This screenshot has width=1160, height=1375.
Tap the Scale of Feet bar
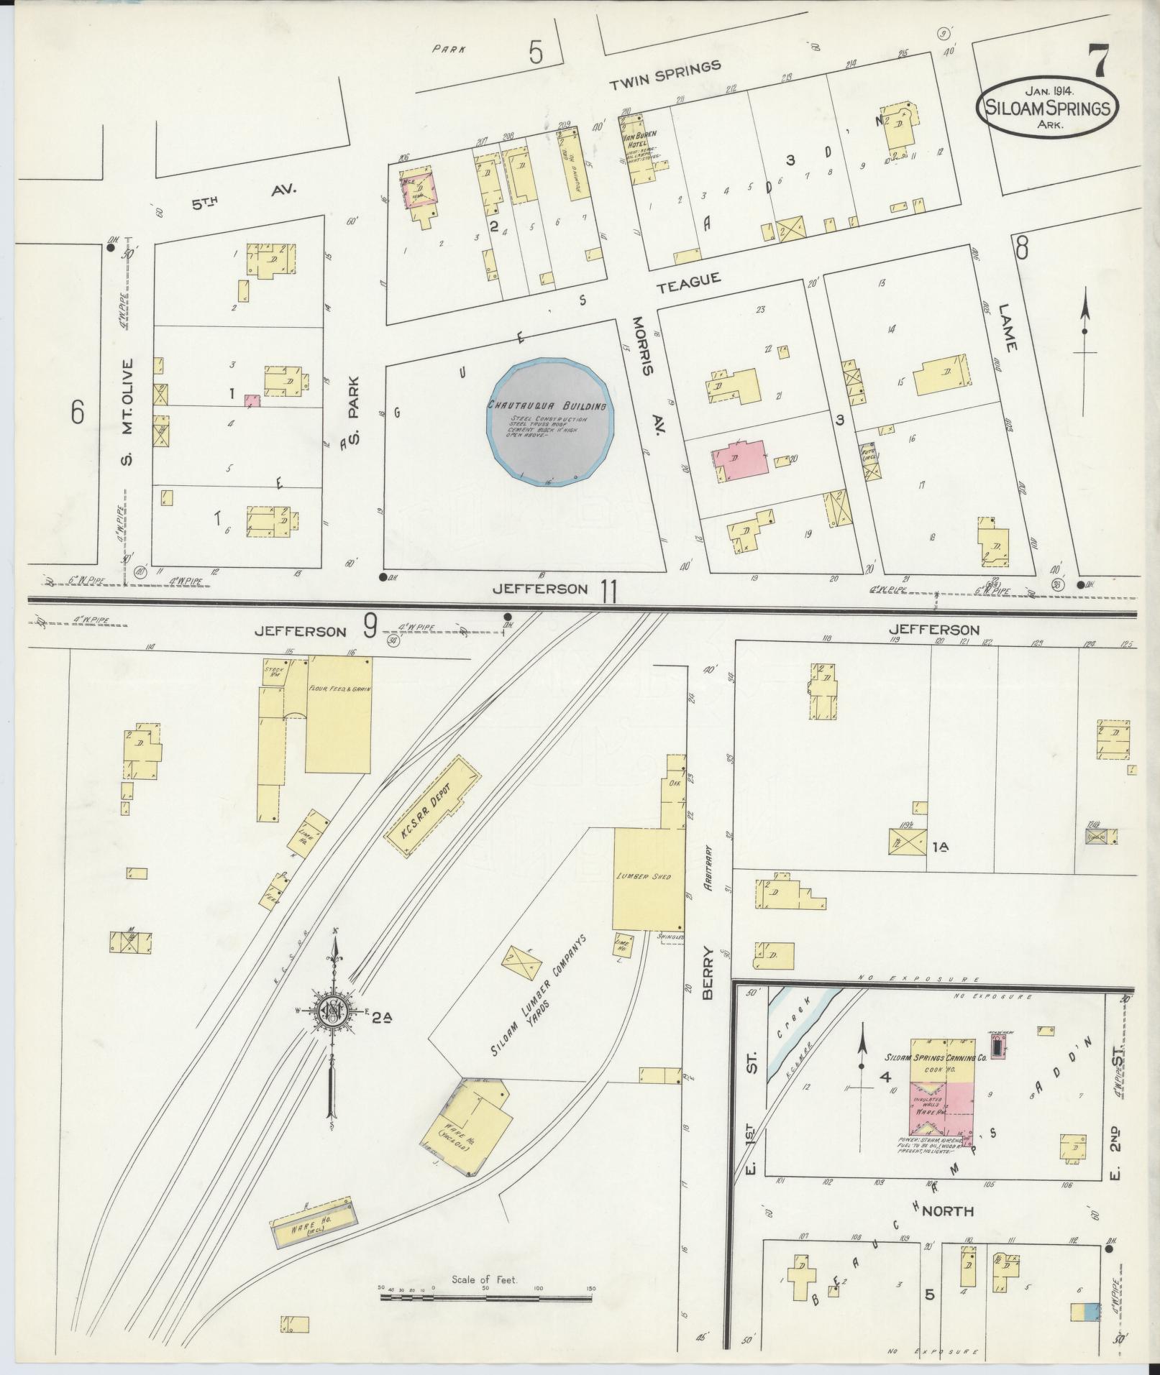pos(486,1297)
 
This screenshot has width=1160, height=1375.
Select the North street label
pos(947,1212)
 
